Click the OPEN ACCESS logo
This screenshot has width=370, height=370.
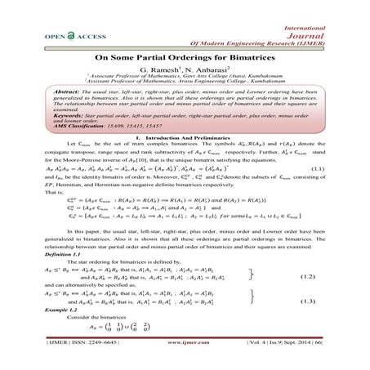coord(57,35)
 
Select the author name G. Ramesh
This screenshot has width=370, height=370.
coord(157,74)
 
